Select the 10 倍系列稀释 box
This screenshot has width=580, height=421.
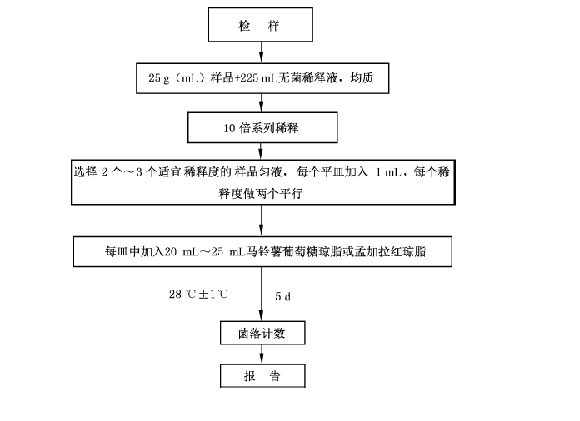262,128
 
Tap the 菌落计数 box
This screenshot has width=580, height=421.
261,334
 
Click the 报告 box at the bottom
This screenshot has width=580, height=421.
262,375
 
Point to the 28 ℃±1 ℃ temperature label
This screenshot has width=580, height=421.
198,295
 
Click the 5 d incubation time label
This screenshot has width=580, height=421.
282,295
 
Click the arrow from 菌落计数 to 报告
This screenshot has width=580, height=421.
262,354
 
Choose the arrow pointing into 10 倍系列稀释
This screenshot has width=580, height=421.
262,103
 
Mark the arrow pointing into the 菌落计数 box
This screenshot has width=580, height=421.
262,291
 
